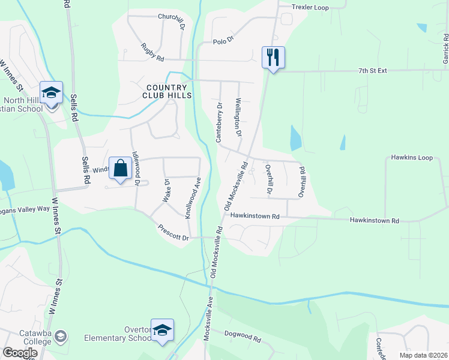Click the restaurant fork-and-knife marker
pyautogui.click(x=273, y=58)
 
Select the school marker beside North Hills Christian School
pyautogui.click(x=52, y=93)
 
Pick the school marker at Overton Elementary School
pyautogui.click(x=162, y=330)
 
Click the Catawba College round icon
pyautogui.click(x=60, y=335)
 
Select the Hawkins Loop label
pyautogui.click(x=412, y=158)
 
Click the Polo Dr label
pyautogui.click(x=223, y=42)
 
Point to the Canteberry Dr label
pyautogui.click(x=219, y=122)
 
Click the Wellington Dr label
pyautogui.click(x=238, y=117)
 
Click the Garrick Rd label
pyautogui.click(x=446, y=48)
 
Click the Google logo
pyautogui.click(x=20, y=353)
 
